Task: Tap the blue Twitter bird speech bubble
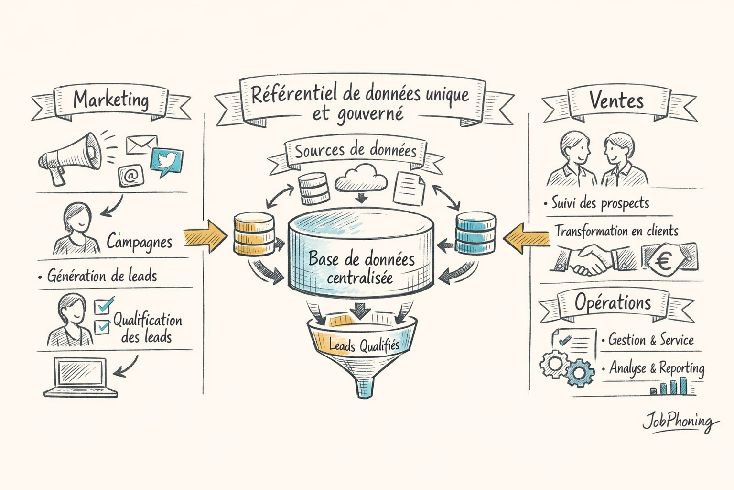166,161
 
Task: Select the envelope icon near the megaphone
141,145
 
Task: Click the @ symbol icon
130,176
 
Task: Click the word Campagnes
139,242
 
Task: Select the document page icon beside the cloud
409,189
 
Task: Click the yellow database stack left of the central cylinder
254,234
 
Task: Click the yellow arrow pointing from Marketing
205,236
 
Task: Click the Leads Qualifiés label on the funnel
364,345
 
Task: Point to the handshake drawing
591,260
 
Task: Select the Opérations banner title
613,303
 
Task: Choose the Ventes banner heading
616,100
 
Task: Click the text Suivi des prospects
600,203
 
